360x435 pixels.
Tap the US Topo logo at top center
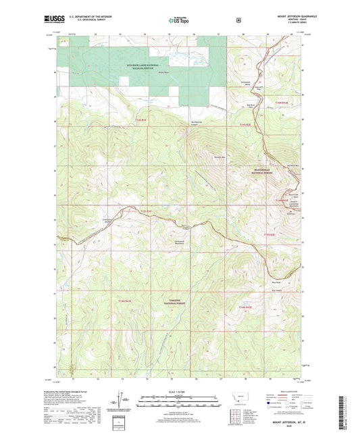[178, 21]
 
